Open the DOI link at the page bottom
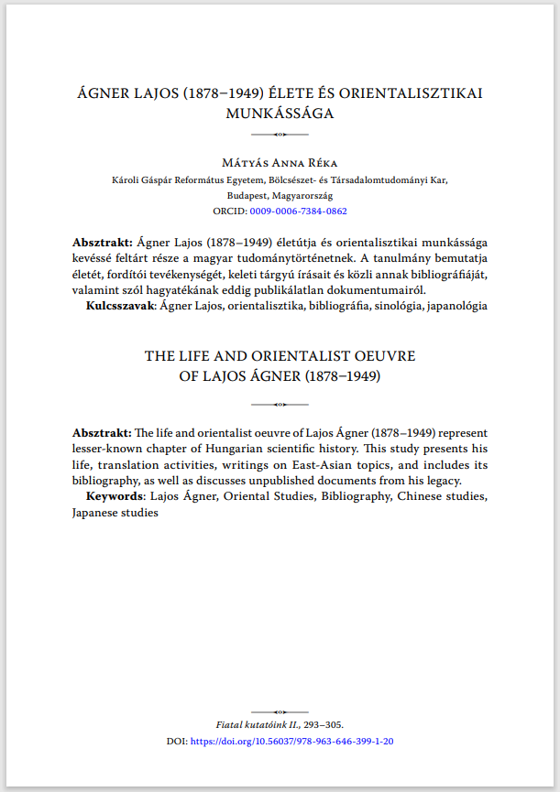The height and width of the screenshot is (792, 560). click(x=292, y=741)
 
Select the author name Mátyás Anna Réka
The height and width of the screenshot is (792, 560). click(x=280, y=162)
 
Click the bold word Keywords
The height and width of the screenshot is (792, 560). click(x=115, y=496)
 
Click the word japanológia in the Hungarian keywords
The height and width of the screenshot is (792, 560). click(x=452, y=306)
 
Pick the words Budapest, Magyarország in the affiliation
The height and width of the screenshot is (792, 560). click(x=280, y=195)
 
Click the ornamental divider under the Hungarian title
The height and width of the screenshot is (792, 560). click(x=280, y=134)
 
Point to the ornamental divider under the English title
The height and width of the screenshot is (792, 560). click(x=280, y=403)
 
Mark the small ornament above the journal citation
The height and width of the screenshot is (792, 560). click(x=280, y=711)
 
